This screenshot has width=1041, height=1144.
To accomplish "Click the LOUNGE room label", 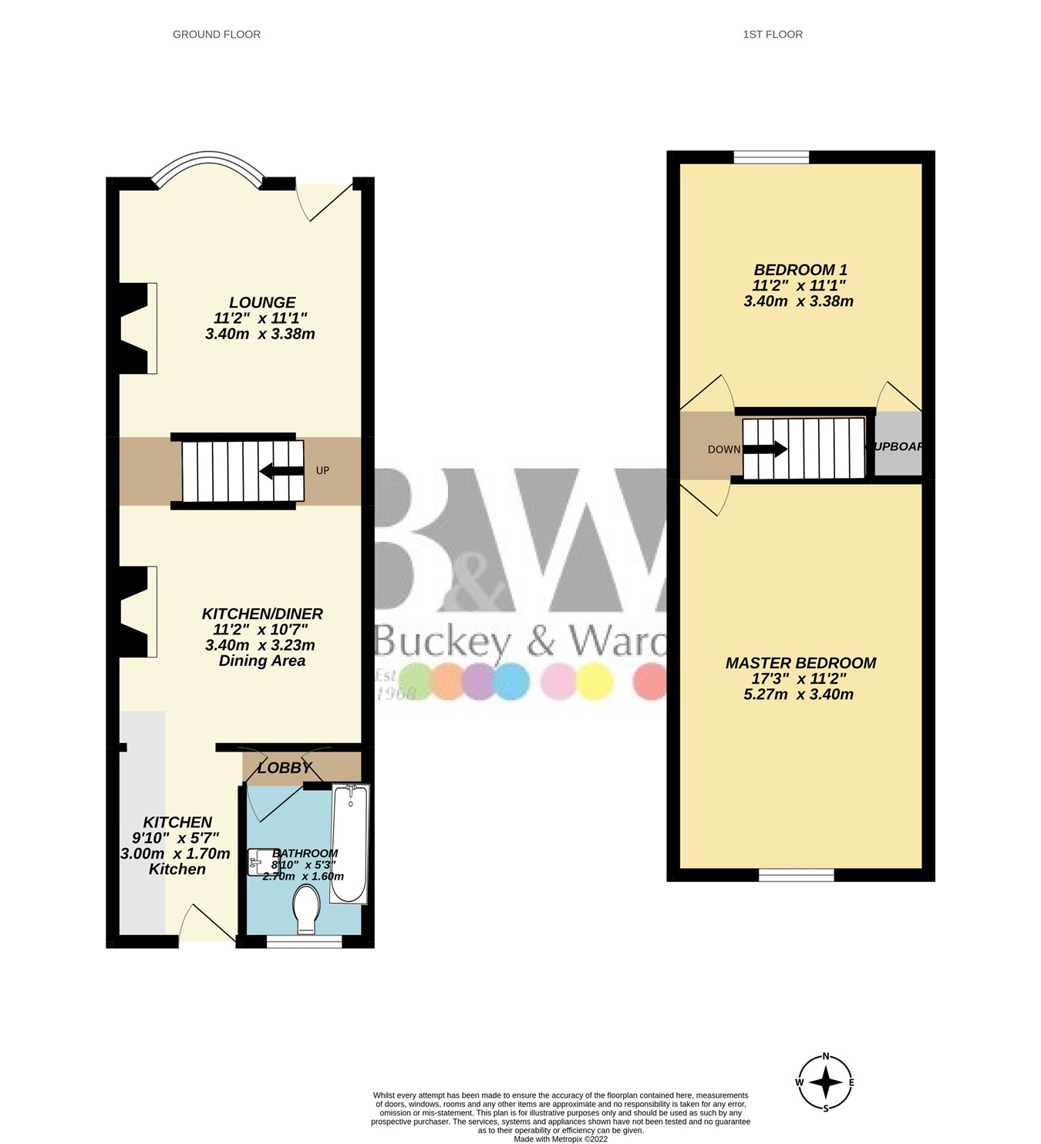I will [x=262, y=303].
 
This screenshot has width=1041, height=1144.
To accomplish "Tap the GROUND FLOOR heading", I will [x=217, y=34].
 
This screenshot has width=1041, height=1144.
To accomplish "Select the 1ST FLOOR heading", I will [x=773, y=34].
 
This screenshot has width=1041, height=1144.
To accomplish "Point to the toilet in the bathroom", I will [x=306, y=909].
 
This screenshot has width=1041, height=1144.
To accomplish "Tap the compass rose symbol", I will [x=825, y=1082].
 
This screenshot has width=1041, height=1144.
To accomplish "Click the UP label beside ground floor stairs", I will [x=322, y=470].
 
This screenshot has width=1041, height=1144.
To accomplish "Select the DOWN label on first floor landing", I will [x=724, y=449].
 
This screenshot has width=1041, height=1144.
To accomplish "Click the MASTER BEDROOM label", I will [x=800, y=663].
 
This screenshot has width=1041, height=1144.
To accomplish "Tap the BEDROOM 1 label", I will [x=800, y=270].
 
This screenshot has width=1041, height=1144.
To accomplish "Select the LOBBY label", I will [x=285, y=768].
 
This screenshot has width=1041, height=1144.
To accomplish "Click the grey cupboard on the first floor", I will [x=898, y=446].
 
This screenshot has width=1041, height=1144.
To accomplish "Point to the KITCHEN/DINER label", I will [x=262, y=614].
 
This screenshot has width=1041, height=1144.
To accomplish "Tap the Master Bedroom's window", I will [x=797, y=875].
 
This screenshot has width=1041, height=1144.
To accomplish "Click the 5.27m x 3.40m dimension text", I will [x=798, y=694].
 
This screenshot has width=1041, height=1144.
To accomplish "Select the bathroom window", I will [x=305, y=941].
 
